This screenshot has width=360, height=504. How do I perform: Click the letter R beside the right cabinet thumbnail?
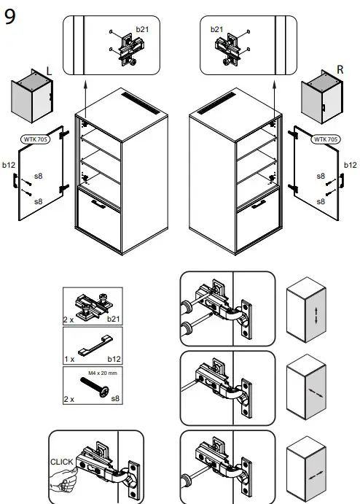[x=340, y=70]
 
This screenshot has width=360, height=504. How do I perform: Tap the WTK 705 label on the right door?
[x=325, y=139]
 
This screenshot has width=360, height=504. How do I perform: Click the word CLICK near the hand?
[x=62, y=462]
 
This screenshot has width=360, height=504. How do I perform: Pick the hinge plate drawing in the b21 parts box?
[x=92, y=303]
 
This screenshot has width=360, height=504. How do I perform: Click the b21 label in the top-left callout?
[x=141, y=28]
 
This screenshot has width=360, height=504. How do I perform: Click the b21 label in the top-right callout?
[x=216, y=28]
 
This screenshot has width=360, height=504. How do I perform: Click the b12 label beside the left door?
[x=9, y=166]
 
